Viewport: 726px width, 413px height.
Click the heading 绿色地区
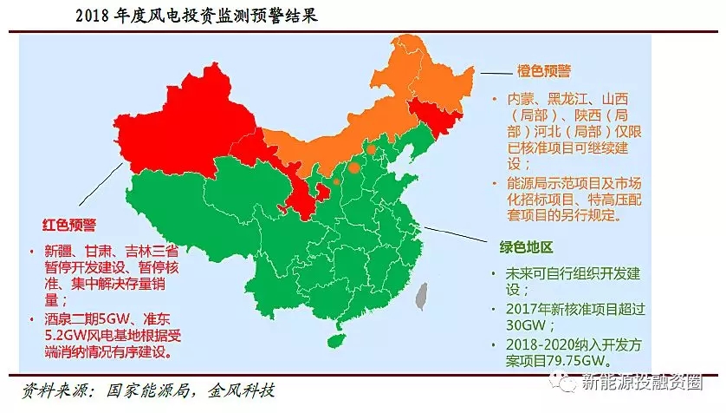[x=526, y=246]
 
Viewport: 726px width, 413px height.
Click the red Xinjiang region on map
[x=173, y=130]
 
